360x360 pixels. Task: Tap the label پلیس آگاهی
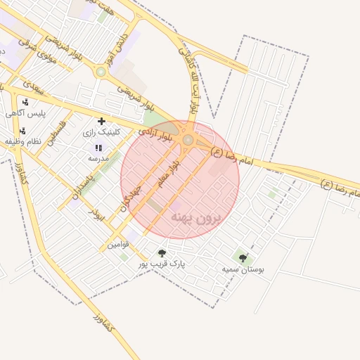pos(27,113)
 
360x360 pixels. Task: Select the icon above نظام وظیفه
pos(22,131)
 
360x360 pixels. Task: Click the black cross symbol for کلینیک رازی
pos(102,121)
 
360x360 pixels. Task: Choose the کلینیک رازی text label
pos(101,131)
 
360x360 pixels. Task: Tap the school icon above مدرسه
pos(98,148)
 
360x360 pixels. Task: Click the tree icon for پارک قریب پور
pos(162,253)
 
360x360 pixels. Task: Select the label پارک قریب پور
pos(161,264)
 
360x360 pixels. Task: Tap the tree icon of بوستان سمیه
pos(243,258)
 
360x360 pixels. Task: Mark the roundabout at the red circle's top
pos(188,141)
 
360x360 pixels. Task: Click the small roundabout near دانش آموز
pos(101,71)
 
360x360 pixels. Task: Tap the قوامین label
pos(117,245)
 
